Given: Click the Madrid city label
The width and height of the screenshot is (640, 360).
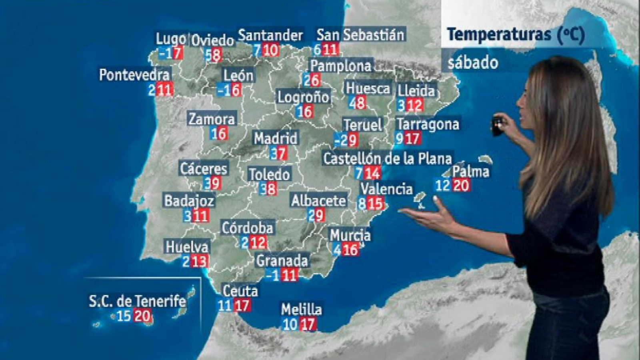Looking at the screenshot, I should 276,138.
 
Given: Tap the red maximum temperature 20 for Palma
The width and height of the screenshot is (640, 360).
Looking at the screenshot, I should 461,186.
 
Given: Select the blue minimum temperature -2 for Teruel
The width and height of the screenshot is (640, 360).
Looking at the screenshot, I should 341,140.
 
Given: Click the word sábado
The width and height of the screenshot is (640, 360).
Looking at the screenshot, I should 472,63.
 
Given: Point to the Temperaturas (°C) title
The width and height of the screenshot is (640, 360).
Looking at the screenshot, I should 516,34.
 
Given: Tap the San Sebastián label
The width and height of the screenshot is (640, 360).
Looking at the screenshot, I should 360,35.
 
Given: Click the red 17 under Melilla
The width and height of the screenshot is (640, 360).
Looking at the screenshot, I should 308,324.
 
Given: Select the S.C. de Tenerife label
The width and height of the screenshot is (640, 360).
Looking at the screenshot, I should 137,301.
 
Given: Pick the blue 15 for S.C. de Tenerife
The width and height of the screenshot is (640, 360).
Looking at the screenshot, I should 124,316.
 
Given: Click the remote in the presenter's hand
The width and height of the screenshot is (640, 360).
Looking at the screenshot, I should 497,125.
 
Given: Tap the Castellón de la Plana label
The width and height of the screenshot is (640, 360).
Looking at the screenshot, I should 387,158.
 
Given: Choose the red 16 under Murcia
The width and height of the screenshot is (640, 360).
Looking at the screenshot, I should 350,250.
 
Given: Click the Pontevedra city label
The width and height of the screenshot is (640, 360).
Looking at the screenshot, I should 134,75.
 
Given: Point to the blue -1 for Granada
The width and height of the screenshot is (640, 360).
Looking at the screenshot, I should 273,275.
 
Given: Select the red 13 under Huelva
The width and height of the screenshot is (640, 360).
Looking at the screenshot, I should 199,262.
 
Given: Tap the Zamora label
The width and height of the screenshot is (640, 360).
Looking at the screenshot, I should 212,119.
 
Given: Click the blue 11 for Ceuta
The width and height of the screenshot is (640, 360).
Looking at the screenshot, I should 225,306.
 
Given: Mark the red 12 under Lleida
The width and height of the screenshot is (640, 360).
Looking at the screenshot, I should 415,106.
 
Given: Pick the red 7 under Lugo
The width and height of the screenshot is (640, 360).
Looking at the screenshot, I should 178,53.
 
